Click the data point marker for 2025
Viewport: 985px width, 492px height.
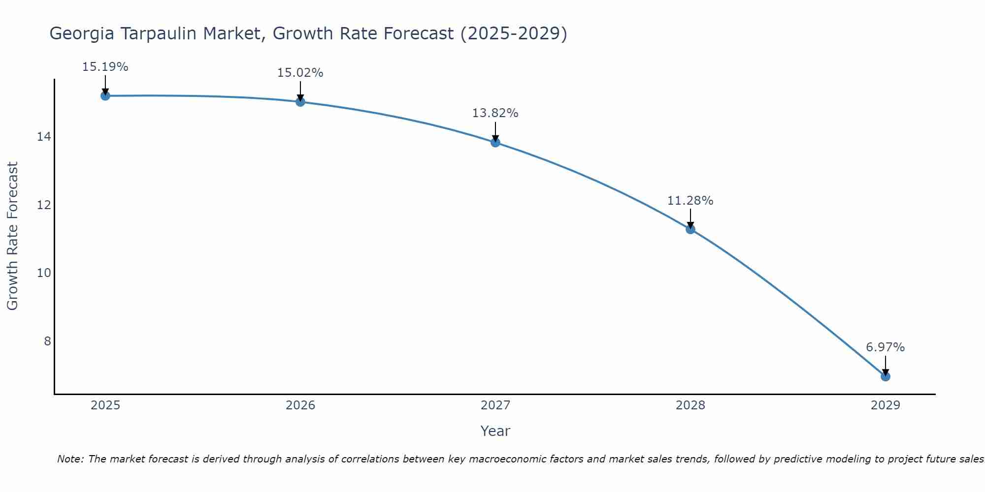pyautogui.click(x=105, y=95)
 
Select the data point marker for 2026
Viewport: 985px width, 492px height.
pyautogui.click(x=300, y=101)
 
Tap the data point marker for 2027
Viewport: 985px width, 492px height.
pyautogui.click(x=495, y=142)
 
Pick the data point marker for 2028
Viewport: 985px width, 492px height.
pyautogui.click(x=690, y=229)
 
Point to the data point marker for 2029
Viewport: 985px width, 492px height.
pyautogui.click(x=886, y=376)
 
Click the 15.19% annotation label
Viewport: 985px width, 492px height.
pyautogui.click(x=105, y=67)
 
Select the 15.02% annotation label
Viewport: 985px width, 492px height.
pyautogui.click(x=300, y=73)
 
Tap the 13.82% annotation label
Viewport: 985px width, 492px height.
pyautogui.click(x=495, y=113)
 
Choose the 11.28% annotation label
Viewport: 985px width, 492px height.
pyautogui.click(x=690, y=201)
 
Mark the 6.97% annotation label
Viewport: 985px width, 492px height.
pyautogui.click(x=886, y=347)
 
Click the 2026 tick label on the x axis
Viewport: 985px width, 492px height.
pyautogui.click(x=300, y=405)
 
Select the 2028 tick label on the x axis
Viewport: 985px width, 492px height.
pyautogui.click(x=690, y=405)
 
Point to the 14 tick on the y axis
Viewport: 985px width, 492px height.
pyautogui.click(x=44, y=136)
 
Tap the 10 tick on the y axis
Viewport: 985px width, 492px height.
pyautogui.click(x=44, y=273)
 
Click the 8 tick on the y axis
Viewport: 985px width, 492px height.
pyautogui.click(x=47, y=341)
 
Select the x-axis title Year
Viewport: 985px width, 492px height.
pyautogui.click(x=495, y=431)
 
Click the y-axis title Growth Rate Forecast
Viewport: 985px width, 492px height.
pyautogui.click(x=13, y=236)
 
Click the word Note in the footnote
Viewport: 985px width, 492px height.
pyautogui.click(x=69, y=459)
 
